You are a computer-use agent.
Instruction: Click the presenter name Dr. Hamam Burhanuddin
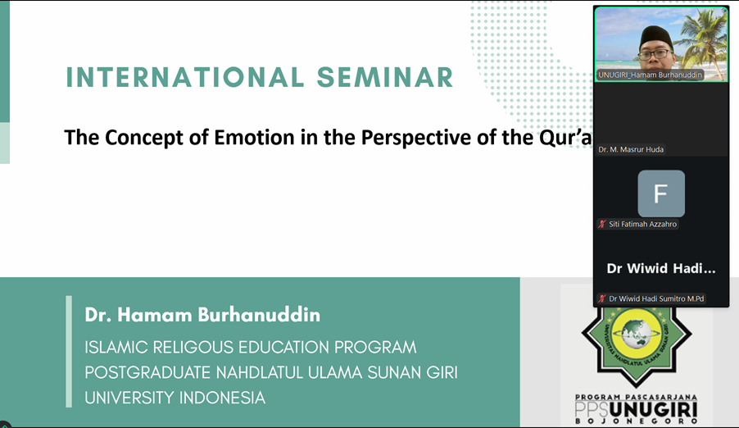pos(202,315)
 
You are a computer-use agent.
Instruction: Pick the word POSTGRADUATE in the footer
pos(147,372)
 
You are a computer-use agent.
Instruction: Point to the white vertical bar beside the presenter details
pos(70,352)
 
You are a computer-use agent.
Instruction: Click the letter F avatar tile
pos(661,194)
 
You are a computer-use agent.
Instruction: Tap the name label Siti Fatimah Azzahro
pos(643,224)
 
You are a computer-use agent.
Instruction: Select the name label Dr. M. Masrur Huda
pos(631,149)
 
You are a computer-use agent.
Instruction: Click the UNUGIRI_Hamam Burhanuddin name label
pos(650,75)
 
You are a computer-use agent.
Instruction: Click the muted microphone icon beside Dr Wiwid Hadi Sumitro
pos(602,298)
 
